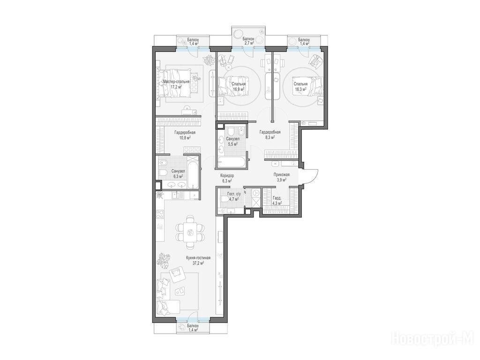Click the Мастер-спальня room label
click(x=176, y=82)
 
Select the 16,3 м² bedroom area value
click(x=300, y=89)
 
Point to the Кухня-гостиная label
click(x=198, y=258)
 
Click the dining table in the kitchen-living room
click(x=190, y=232)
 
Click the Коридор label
click(x=227, y=176)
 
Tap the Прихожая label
click(x=281, y=174)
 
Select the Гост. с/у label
click(x=234, y=194)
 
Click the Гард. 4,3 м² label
click(x=277, y=200)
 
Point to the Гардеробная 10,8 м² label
click(x=185, y=135)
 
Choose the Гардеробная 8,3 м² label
click(x=270, y=135)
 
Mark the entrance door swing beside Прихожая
click(x=310, y=176)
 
